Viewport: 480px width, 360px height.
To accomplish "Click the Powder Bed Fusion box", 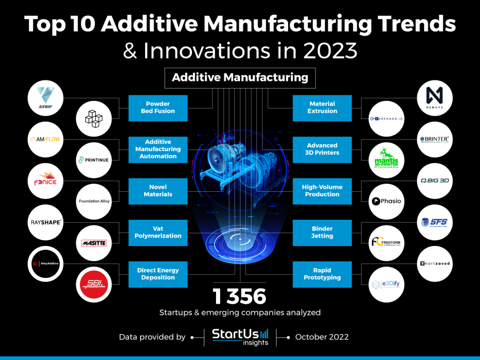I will tap(158, 108).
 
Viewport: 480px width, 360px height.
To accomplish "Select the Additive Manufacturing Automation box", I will tap(158, 149).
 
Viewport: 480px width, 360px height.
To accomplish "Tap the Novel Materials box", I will tap(158, 191).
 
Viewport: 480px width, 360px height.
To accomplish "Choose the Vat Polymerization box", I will tap(158, 232).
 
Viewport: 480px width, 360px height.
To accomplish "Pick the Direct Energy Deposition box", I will tap(158, 274).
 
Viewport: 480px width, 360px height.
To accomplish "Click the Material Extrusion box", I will tap(322, 108).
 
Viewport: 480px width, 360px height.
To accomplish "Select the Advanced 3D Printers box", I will tap(322, 149).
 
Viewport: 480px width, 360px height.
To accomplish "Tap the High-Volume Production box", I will tap(322, 191).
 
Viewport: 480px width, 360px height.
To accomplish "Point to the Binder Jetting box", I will tap(322, 232).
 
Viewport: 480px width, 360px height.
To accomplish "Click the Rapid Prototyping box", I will tap(322, 274).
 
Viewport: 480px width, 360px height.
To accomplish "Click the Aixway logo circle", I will tap(45, 98).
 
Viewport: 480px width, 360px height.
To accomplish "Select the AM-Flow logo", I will tap(45, 140).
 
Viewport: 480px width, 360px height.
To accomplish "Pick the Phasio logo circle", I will tap(386, 201).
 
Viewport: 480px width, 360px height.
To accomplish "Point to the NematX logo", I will tap(434, 98).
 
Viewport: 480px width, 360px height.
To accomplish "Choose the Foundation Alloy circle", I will tap(94, 201).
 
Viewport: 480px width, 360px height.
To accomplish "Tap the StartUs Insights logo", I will tap(240, 337).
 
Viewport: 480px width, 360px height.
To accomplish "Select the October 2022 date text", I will tap(322, 337).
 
